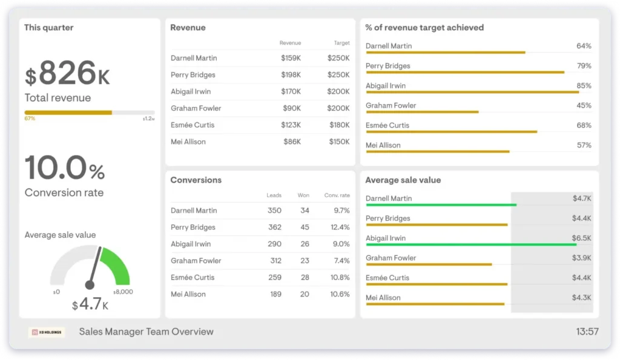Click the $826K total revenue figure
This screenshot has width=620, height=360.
[x=67, y=74]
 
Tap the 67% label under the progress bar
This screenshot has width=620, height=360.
[x=30, y=119]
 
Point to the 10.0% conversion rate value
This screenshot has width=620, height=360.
[x=65, y=168]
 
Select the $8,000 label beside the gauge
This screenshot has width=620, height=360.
[x=124, y=292]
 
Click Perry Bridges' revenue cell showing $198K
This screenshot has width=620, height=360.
[x=291, y=75]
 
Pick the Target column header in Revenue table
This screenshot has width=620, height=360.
[x=341, y=43]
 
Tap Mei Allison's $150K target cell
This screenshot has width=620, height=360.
[x=338, y=142]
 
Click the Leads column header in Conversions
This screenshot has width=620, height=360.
[x=274, y=195]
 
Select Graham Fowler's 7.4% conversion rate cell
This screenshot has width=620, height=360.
[x=341, y=261]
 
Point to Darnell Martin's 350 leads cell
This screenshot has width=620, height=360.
[x=274, y=211]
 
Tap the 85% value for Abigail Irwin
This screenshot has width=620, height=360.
[x=584, y=85]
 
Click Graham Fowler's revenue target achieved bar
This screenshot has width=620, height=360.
[x=422, y=112]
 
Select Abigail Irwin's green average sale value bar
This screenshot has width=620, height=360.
[x=471, y=244]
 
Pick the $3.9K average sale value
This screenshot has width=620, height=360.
[x=581, y=258]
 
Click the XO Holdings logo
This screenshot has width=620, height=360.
[x=46, y=332]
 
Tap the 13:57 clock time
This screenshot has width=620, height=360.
[x=587, y=332]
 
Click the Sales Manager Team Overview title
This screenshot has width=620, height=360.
[x=146, y=332]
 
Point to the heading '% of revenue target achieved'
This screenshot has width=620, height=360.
[x=424, y=27]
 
